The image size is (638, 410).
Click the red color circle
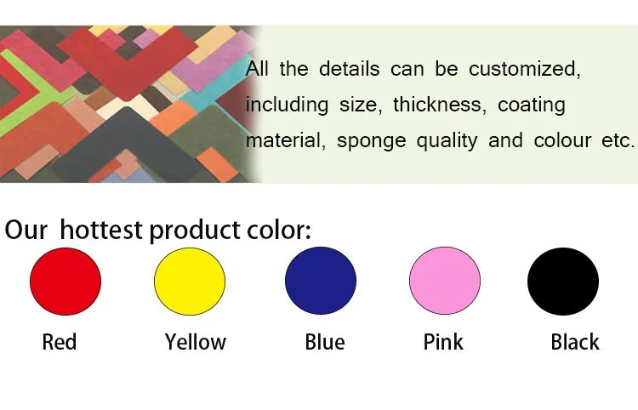(x=66, y=281)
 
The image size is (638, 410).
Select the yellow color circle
(x=190, y=281)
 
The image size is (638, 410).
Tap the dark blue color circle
(x=321, y=281)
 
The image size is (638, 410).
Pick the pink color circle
(x=445, y=281)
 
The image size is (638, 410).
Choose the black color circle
(x=563, y=281)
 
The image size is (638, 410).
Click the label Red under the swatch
(x=60, y=342)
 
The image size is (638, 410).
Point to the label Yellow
(x=196, y=342)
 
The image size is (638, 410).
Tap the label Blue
(x=325, y=342)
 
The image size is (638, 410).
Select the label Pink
(x=443, y=342)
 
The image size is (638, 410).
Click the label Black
(x=575, y=342)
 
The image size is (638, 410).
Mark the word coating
(x=532, y=105)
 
